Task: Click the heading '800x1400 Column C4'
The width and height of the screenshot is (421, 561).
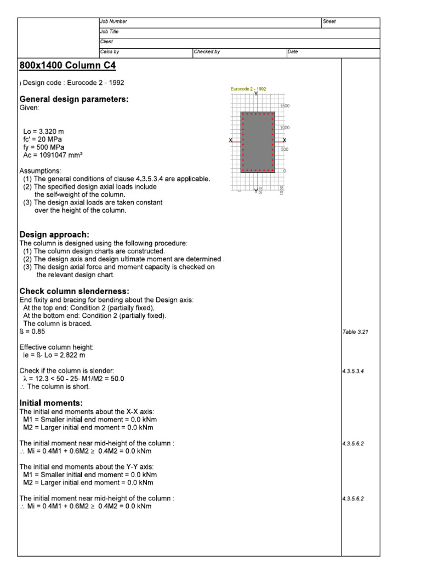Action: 67,65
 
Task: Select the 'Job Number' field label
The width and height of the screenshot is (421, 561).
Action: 113,21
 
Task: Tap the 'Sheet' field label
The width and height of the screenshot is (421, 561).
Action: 329,21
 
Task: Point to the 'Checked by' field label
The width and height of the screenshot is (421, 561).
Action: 207,51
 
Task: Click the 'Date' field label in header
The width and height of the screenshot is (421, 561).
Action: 293,51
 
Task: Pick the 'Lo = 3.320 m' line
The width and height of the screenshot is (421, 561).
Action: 43,132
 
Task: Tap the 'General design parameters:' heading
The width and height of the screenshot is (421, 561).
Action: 74,99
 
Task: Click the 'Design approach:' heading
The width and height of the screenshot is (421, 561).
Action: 54,234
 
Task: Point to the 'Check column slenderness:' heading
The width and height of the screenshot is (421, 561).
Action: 74,291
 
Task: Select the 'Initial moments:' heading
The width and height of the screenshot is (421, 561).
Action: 51,403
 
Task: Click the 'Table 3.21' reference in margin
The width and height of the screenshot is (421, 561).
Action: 355,332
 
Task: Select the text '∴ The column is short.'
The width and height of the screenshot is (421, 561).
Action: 55,386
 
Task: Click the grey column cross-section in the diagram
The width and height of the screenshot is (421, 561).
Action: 258,142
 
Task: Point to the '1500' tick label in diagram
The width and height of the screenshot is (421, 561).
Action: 286,106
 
